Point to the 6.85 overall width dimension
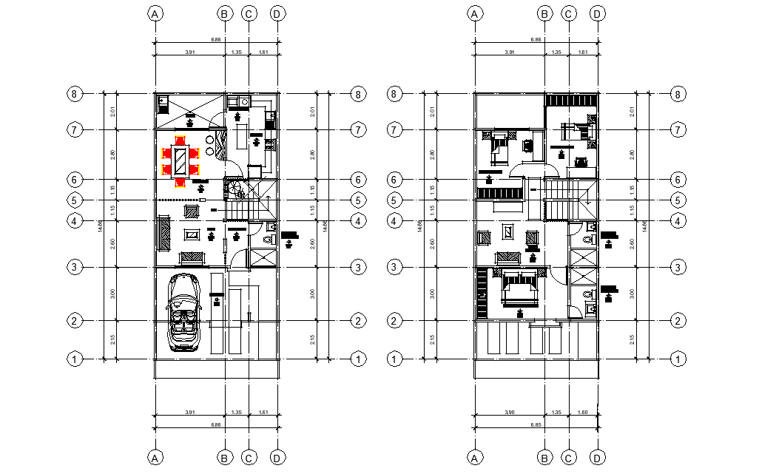click(x=535, y=425)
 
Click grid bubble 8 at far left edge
click(x=74, y=94)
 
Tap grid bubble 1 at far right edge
click(x=678, y=359)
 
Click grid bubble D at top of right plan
click(x=598, y=13)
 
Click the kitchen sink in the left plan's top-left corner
click(x=163, y=102)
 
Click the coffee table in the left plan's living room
click(x=191, y=235)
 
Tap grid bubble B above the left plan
click(x=225, y=13)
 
